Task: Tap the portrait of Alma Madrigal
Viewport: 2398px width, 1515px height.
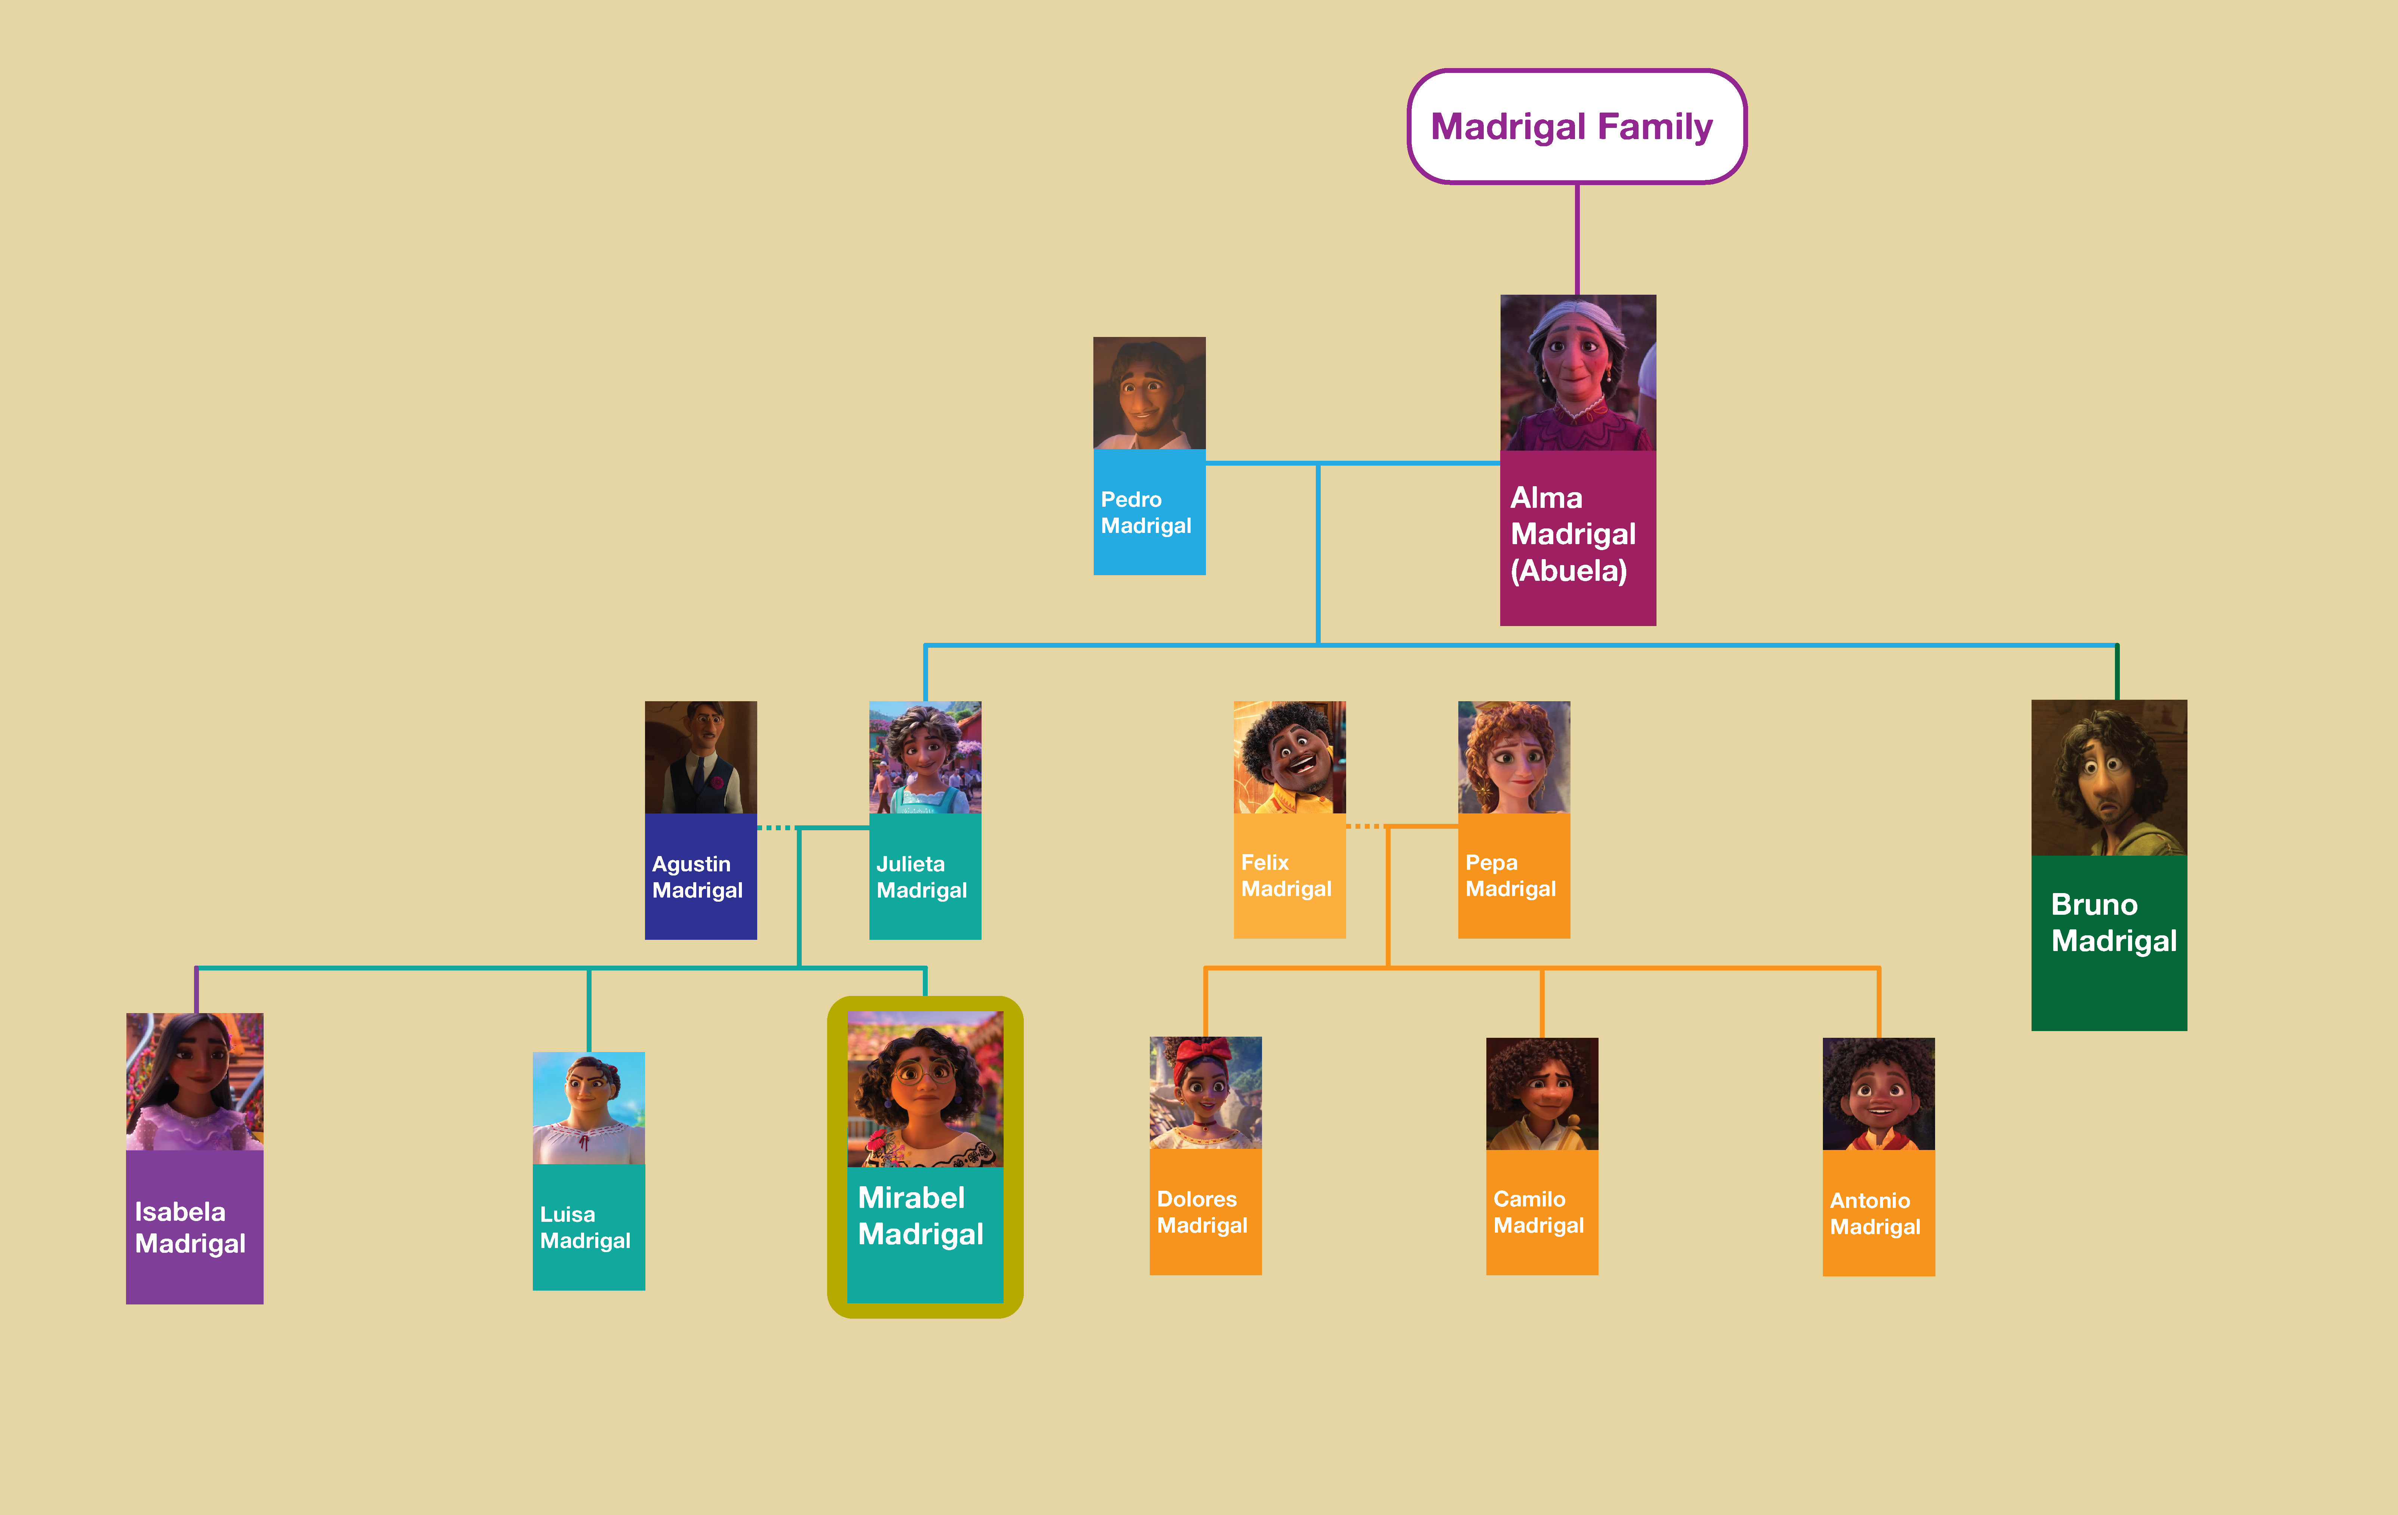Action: coord(1578,372)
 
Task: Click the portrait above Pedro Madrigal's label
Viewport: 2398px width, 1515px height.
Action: coord(1149,393)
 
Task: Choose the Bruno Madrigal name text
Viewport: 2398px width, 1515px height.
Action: coord(2113,922)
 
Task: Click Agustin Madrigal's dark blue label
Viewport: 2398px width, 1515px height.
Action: coord(700,877)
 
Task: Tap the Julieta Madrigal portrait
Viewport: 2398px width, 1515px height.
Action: coord(925,757)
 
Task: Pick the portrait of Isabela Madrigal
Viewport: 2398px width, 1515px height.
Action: coord(194,1081)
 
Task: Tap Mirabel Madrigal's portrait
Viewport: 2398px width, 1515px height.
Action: coord(925,1089)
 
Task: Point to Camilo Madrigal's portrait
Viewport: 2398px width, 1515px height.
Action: coord(1542,1094)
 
